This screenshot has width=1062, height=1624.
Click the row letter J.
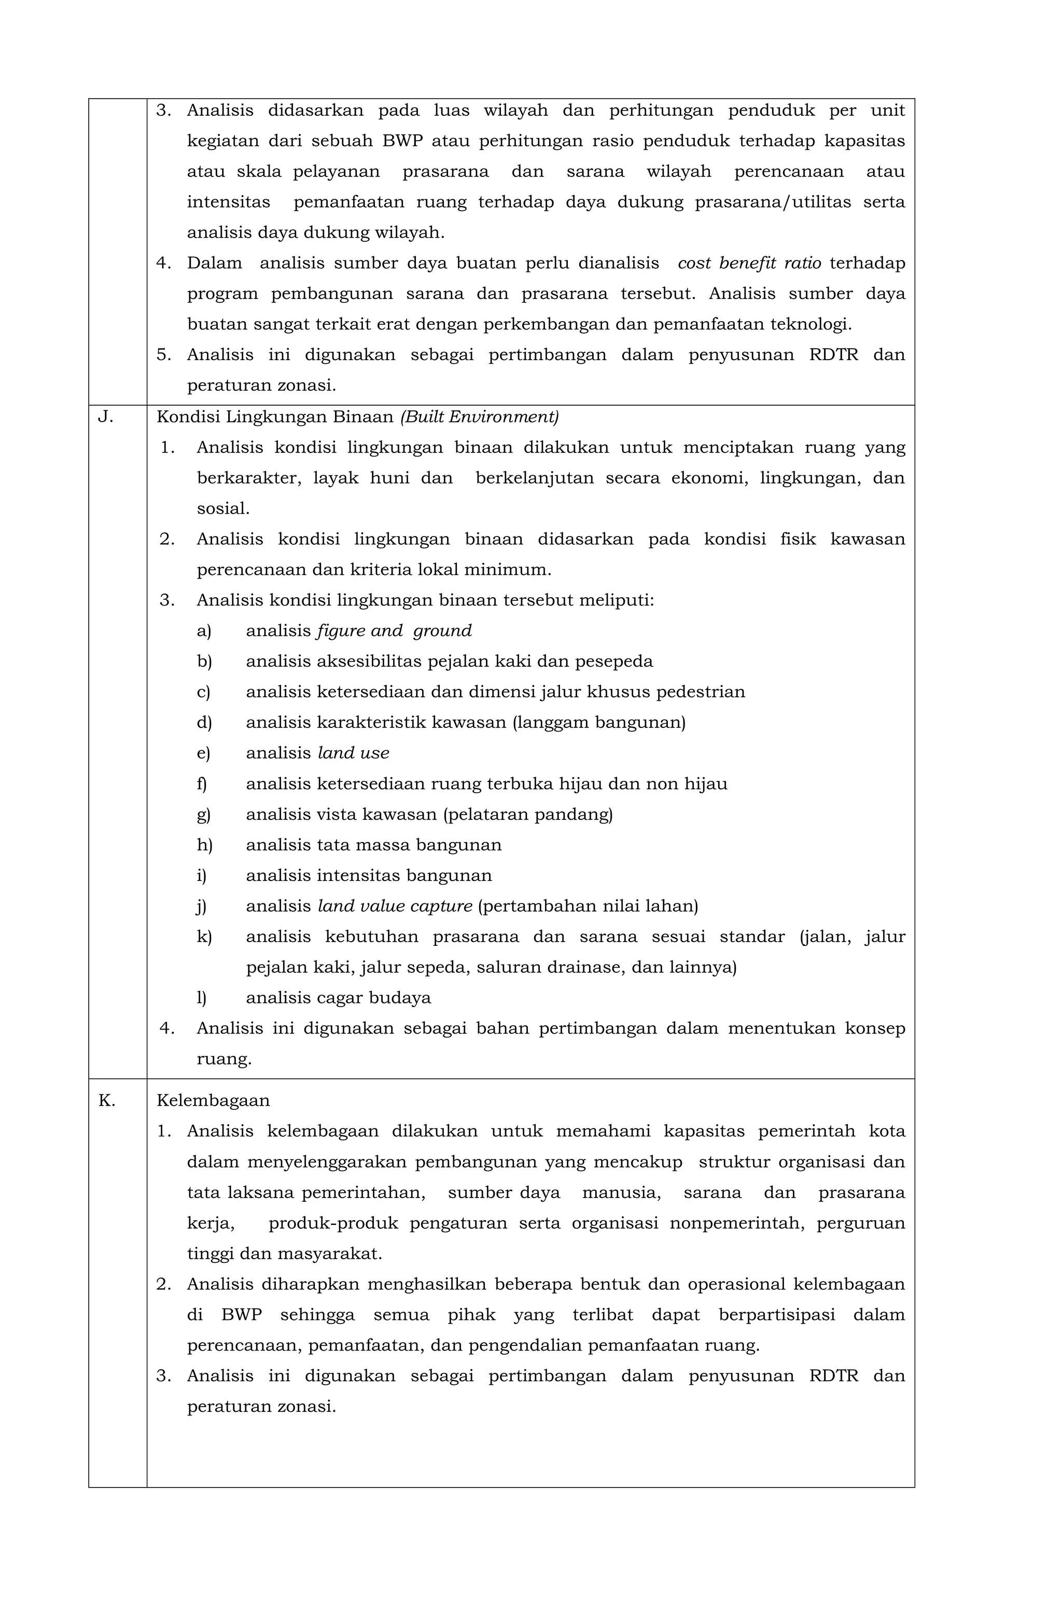tap(105, 417)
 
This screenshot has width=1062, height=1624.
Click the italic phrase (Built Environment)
tap(480, 417)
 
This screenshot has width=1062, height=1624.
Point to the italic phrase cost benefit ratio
tap(749, 264)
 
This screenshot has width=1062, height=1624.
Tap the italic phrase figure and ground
tap(394, 630)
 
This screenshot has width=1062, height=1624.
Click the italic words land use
tap(353, 753)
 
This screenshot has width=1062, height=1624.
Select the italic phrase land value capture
tap(395, 906)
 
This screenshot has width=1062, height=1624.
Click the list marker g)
tap(203, 815)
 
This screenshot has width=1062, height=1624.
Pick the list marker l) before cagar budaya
tap(201, 998)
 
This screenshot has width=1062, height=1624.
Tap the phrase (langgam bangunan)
tap(599, 723)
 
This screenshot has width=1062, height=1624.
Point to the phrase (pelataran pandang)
tap(527, 815)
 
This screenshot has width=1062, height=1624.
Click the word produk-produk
tap(333, 1223)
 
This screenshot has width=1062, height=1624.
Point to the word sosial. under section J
tap(223, 508)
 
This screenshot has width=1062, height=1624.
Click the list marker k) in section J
tap(204, 937)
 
